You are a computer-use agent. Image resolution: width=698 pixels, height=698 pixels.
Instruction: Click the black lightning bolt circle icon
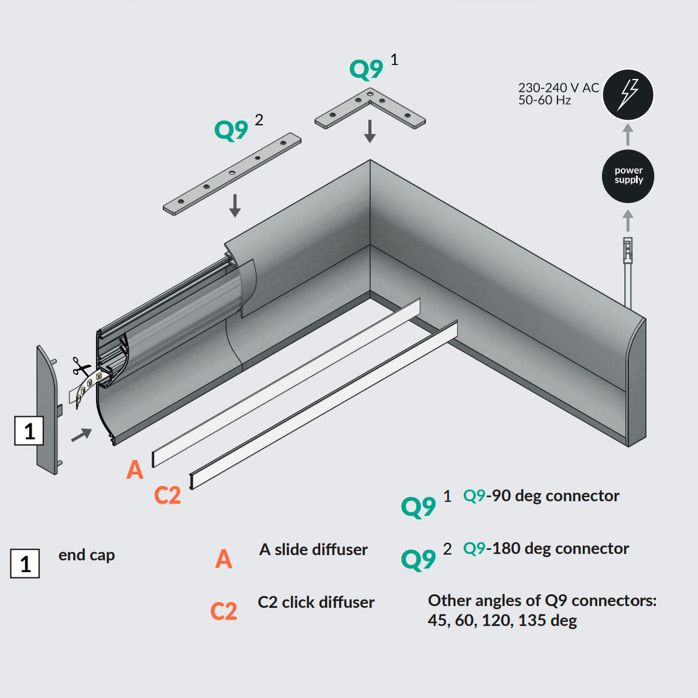coord(628,94)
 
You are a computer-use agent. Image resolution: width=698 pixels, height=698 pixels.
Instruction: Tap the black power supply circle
coord(628,176)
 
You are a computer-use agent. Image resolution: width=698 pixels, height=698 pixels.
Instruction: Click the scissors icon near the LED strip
coord(80,367)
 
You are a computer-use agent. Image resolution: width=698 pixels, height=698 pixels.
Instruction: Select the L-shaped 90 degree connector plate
coord(370,109)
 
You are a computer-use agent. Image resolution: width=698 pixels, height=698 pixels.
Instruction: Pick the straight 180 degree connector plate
coord(232,174)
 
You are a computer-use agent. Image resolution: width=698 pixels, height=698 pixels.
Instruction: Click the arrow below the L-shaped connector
coord(369,131)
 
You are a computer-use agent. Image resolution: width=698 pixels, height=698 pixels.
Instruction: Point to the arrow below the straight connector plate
coord(235,206)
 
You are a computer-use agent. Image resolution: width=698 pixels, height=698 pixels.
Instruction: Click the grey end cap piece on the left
coord(47,410)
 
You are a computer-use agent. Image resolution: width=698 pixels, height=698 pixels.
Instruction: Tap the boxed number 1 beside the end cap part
coord(29,431)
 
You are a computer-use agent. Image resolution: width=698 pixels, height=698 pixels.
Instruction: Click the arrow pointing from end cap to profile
coord(82,434)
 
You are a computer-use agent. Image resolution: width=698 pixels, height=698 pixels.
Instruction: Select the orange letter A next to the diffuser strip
coord(135,470)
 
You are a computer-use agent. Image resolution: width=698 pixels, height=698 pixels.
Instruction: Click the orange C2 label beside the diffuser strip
coord(167,495)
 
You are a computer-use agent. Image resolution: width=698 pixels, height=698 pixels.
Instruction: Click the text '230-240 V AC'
coord(558,88)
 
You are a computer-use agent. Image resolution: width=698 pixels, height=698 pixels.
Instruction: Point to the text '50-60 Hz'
coord(544,100)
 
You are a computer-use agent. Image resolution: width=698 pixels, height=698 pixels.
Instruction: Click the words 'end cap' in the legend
coord(87,555)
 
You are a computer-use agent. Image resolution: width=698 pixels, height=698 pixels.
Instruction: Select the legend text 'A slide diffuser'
coord(313,549)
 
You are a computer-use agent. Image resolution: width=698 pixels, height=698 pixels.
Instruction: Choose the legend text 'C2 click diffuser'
coord(316,602)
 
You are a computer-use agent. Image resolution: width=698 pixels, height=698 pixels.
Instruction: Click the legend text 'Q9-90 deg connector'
coord(541,496)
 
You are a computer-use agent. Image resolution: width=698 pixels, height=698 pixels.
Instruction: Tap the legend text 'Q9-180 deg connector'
coord(546,549)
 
